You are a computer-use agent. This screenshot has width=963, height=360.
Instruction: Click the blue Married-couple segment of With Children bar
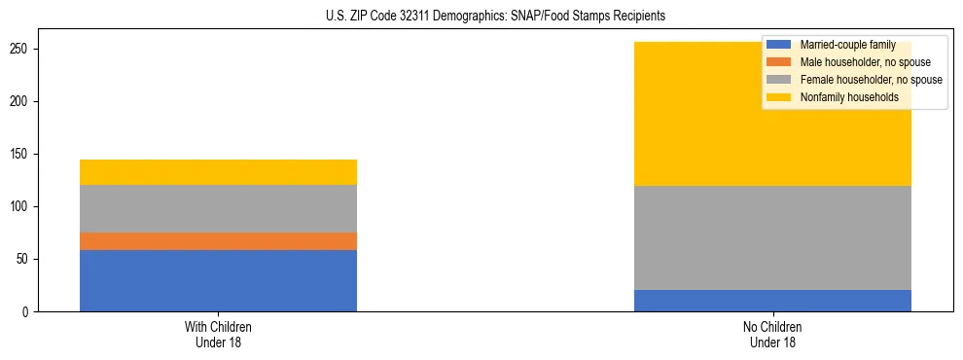[x=218, y=280]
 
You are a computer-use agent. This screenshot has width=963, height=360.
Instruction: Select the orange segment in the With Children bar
[x=218, y=241]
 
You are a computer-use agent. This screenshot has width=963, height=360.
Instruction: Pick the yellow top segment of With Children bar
[x=218, y=172]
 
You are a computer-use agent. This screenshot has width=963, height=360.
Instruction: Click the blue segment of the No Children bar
[x=772, y=301]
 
